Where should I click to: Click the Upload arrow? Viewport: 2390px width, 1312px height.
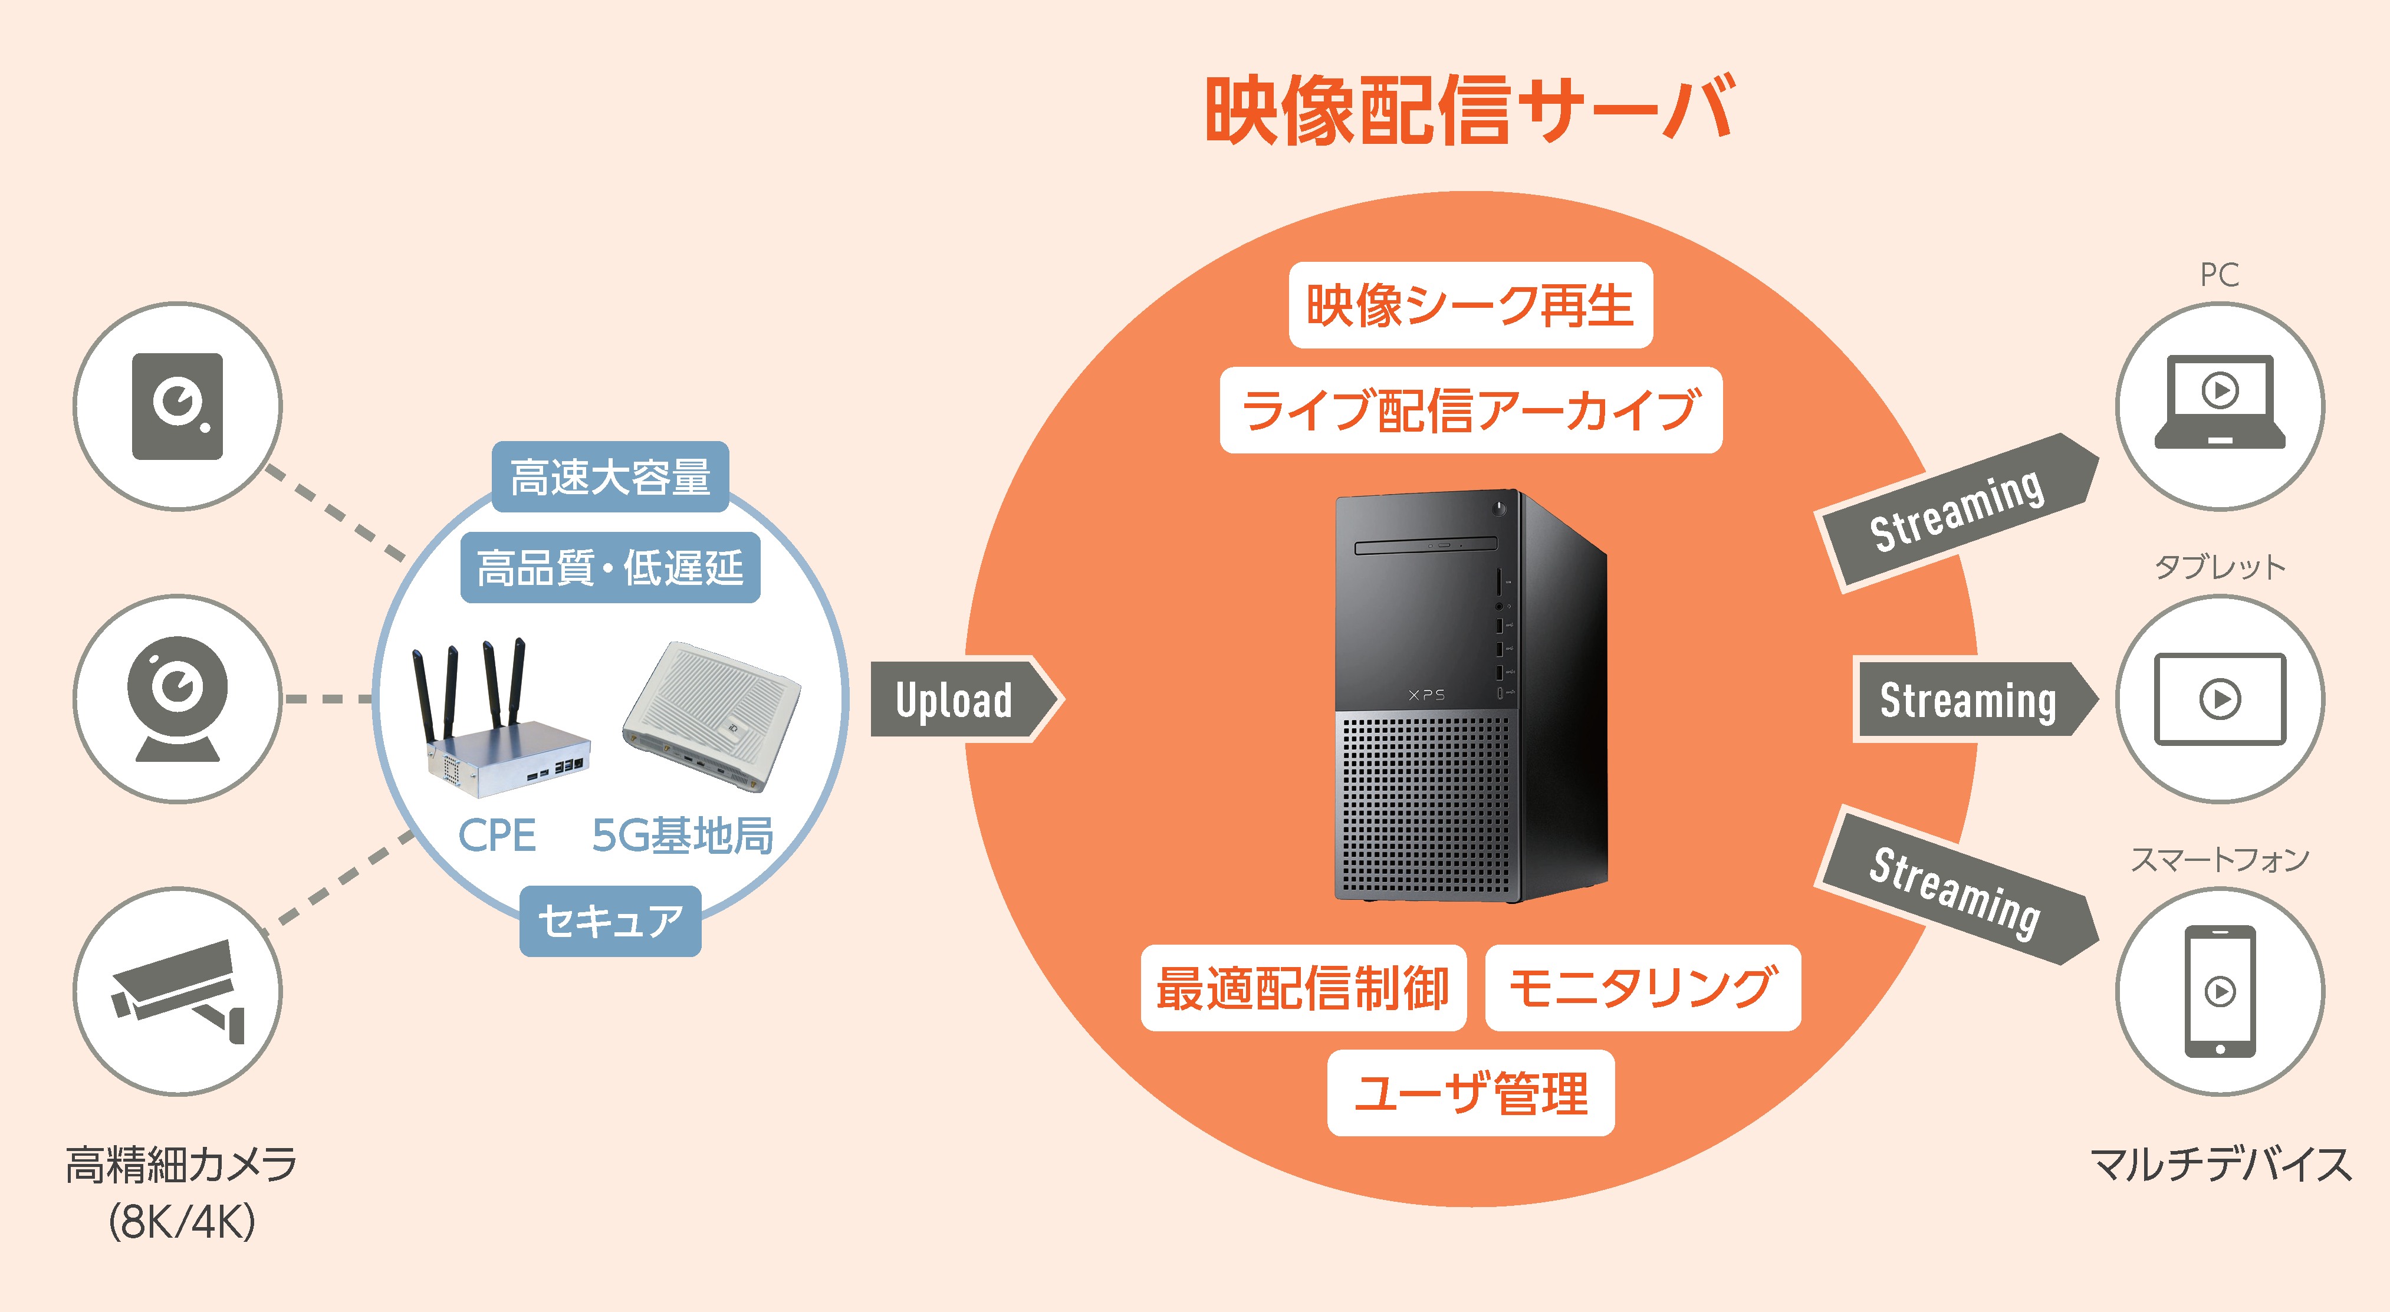965,699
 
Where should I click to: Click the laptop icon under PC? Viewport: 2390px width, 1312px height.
2220,401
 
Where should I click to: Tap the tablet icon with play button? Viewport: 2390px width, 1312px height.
2220,699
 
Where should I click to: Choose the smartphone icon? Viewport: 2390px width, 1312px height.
2220,991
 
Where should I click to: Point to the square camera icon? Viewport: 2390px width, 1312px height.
177,406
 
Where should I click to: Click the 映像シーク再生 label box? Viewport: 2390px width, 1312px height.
1471,305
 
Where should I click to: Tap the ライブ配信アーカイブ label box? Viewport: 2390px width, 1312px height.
1471,410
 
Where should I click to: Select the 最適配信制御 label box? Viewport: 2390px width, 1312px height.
1303,987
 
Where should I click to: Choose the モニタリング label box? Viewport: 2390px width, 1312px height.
1642,987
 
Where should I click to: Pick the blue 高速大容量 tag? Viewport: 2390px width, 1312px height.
610,477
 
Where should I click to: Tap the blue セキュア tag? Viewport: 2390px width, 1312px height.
610,920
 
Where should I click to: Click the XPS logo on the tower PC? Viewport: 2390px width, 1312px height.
1426,694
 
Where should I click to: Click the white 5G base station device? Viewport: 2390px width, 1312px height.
712,716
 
